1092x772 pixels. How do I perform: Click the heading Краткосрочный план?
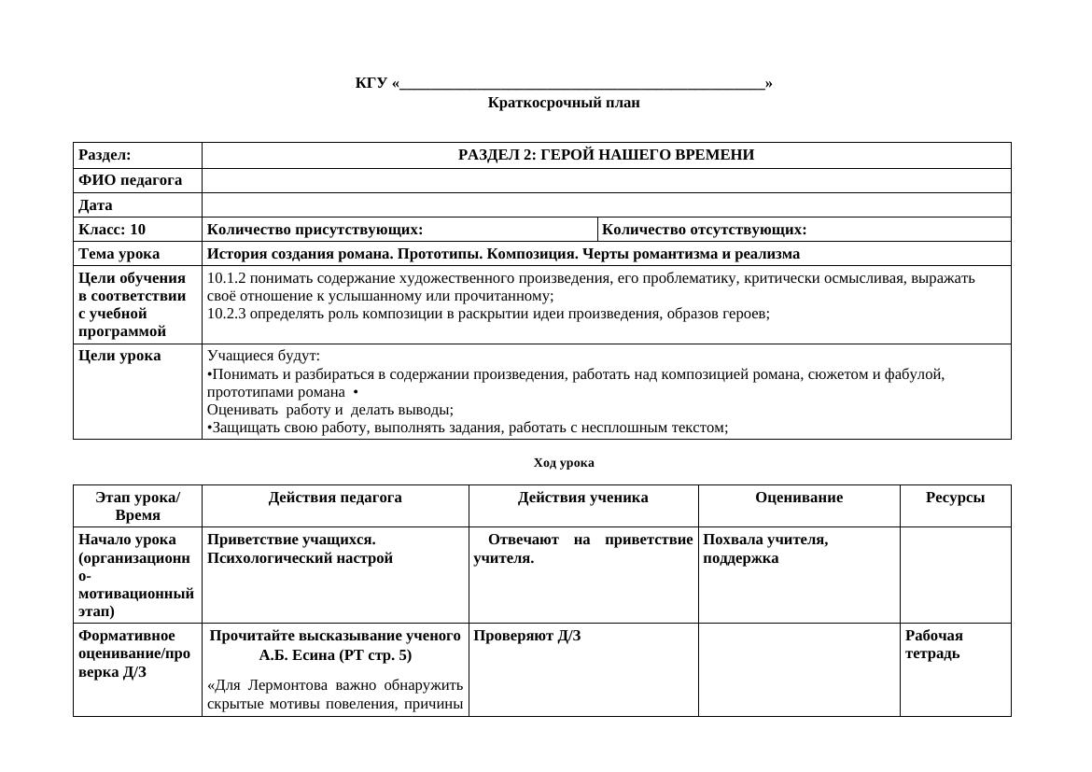pyautogui.click(x=563, y=103)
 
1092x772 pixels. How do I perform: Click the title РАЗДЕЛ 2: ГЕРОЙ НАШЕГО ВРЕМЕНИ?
pyautogui.click(x=606, y=155)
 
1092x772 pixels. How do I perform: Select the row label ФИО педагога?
pyautogui.click(x=130, y=180)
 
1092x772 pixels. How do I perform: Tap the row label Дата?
pyautogui.click(x=95, y=205)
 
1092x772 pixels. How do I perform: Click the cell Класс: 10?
pyautogui.click(x=112, y=230)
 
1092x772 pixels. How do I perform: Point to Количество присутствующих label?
pyautogui.click(x=315, y=230)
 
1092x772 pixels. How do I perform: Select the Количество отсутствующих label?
pyautogui.click(x=704, y=230)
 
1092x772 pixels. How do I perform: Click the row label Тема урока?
pyautogui.click(x=119, y=254)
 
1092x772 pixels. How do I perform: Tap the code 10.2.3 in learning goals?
pyautogui.click(x=226, y=314)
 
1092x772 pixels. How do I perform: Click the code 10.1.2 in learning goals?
pyautogui.click(x=226, y=278)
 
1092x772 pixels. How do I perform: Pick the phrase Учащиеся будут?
pyautogui.click(x=263, y=356)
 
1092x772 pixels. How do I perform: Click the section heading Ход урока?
pyautogui.click(x=563, y=463)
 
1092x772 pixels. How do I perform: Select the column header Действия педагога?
pyautogui.click(x=335, y=498)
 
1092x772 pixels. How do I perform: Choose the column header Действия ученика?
pyautogui.click(x=582, y=498)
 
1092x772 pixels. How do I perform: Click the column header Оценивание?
pyautogui.click(x=798, y=498)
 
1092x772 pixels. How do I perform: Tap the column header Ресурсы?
pyautogui.click(x=955, y=498)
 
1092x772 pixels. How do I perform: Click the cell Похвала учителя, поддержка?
pyautogui.click(x=765, y=549)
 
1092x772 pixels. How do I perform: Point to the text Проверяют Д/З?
pyautogui.click(x=527, y=636)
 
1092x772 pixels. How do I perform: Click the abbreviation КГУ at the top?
pyautogui.click(x=371, y=83)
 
